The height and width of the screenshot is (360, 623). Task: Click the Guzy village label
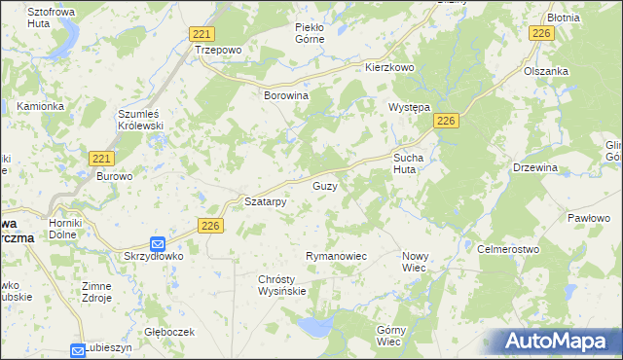325,185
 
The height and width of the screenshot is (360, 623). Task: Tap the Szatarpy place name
265,202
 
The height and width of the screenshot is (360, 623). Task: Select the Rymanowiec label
335,256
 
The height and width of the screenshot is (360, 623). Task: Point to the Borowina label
286,96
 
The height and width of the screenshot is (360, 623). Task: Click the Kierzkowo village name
389,68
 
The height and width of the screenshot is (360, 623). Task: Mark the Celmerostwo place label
508,249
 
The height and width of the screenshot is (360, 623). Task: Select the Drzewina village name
535,167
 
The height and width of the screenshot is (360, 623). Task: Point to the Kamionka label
40,105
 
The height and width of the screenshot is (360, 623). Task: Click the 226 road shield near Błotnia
541,34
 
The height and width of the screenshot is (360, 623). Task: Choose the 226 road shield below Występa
446,120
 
